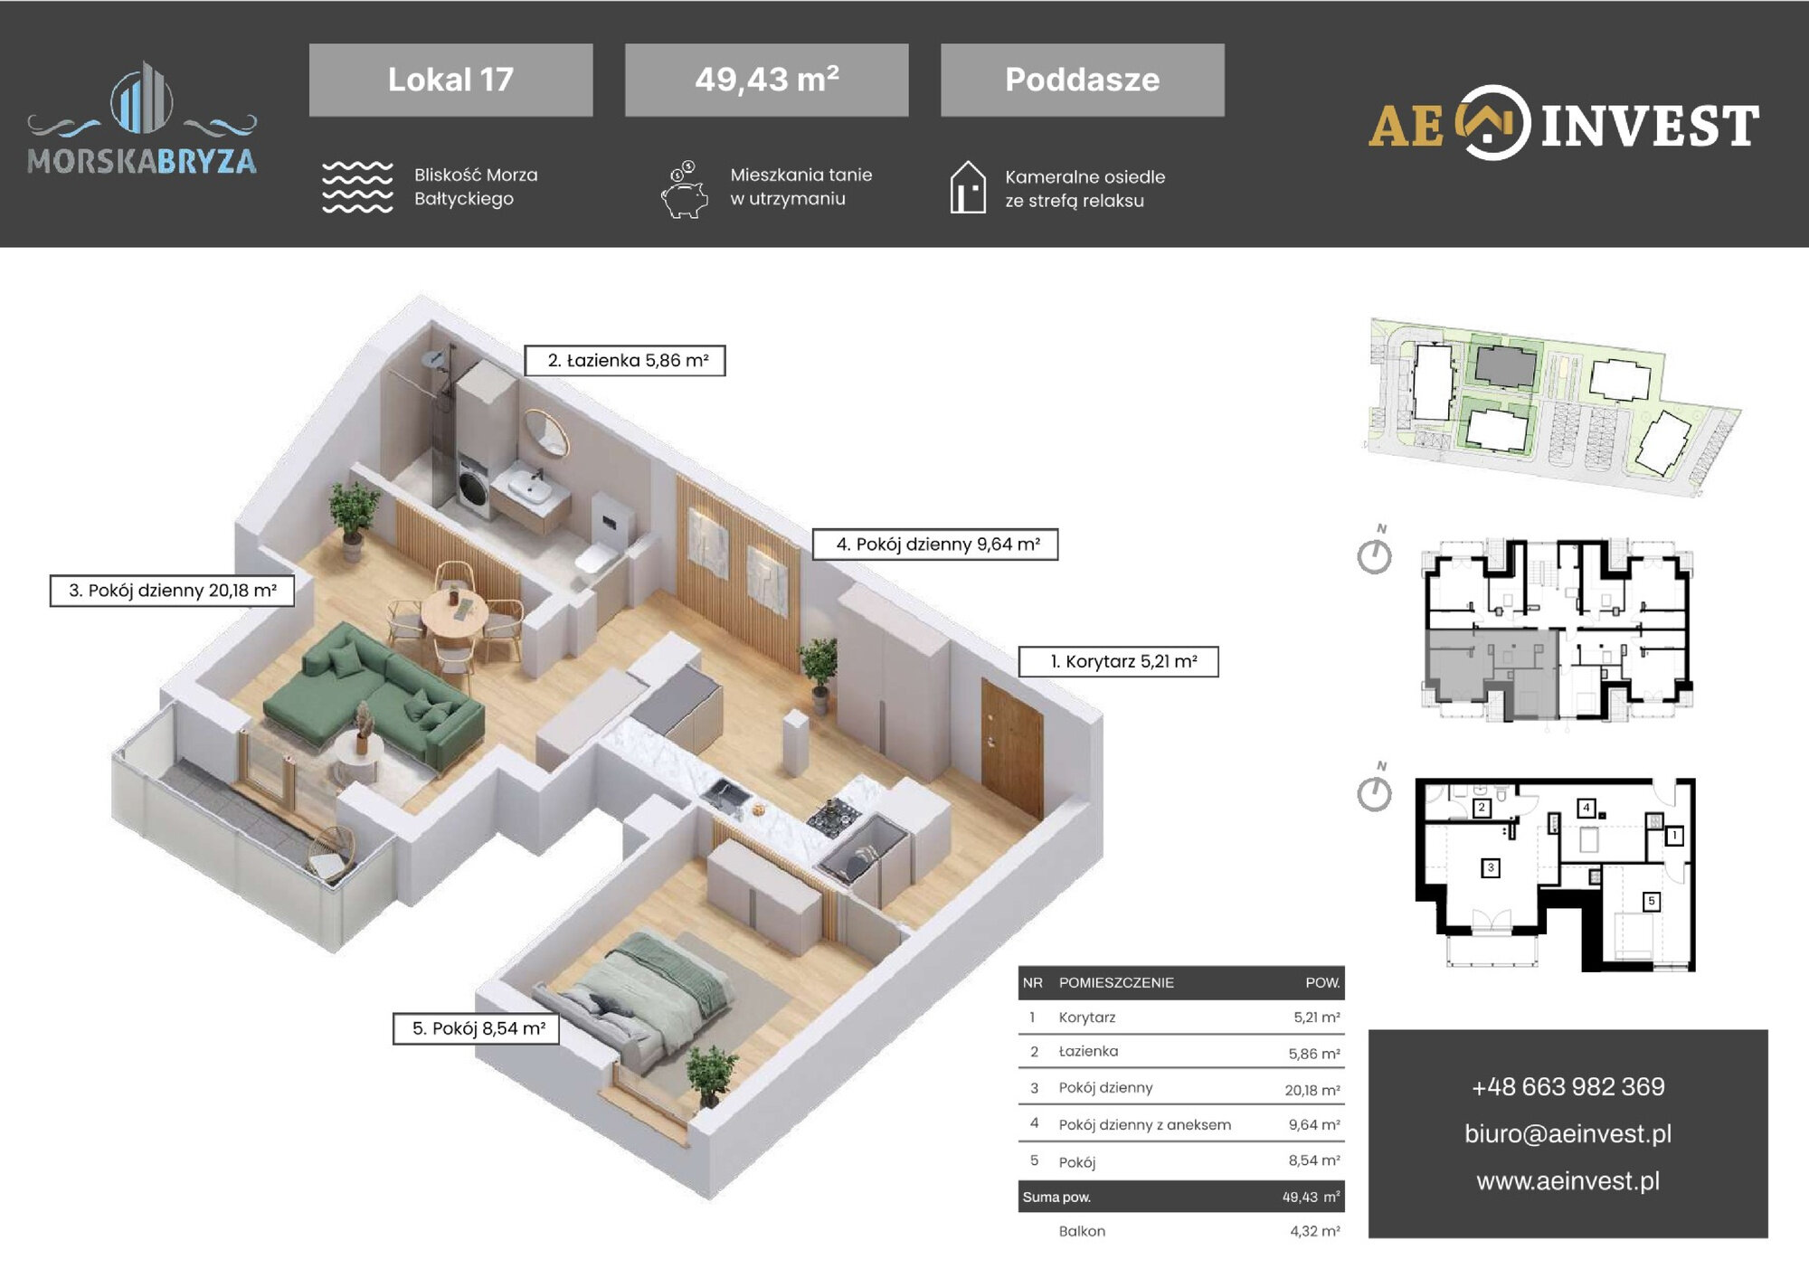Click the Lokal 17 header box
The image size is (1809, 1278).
pos(450,80)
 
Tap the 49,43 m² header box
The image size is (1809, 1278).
pos(766,80)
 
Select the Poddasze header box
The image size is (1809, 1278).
pos(1083,80)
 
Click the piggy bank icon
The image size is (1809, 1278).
pos(684,190)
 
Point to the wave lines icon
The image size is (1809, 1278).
pos(357,187)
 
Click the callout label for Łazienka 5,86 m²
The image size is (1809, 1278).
pos(625,360)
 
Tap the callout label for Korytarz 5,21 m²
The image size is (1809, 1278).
pos(1119,661)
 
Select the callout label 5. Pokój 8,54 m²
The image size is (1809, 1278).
pos(476,1028)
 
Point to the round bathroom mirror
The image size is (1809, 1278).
pos(547,433)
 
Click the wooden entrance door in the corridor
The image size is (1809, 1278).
pos(1011,744)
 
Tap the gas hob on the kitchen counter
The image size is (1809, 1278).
pos(833,816)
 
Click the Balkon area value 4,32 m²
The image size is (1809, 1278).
pos(1315,1231)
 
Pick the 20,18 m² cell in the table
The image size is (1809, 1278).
pos(1312,1090)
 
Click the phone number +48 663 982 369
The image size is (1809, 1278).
pos(1567,1086)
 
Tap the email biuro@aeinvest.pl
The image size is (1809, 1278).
pos(1567,1134)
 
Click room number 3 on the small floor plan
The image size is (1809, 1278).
pos(1491,868)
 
